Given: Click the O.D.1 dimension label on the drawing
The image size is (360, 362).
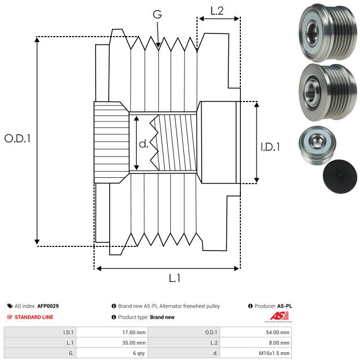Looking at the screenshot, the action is (17, 139).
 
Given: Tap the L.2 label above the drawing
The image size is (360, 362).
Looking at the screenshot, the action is (217, 11).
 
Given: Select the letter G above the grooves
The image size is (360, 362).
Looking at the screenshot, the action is (157, 14).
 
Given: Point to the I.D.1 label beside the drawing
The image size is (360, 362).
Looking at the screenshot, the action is (270, 147).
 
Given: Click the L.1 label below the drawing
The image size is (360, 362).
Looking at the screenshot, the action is (175, 278).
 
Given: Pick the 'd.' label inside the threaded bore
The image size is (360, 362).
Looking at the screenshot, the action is (144, 144).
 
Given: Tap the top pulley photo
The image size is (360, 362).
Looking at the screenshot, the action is (328, 33).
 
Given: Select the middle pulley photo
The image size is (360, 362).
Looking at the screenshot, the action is (328, 93).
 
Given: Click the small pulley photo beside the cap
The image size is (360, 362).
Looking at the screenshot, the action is (317, 145).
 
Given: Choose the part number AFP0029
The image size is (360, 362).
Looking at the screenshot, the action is (48, 306).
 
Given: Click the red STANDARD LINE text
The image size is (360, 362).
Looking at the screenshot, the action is (34, 317).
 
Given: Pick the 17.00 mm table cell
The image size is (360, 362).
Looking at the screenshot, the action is (134, 333).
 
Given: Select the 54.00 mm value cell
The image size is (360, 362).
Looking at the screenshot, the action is (277, 333).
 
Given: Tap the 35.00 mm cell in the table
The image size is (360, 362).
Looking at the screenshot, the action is (134, 343).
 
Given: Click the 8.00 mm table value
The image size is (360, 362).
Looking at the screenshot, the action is (279, 343).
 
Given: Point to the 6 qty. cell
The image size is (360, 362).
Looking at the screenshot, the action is (140, 353).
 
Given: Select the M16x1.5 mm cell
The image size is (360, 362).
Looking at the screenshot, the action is (274, 353).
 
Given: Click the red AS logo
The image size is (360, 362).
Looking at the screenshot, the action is (279, 316).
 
